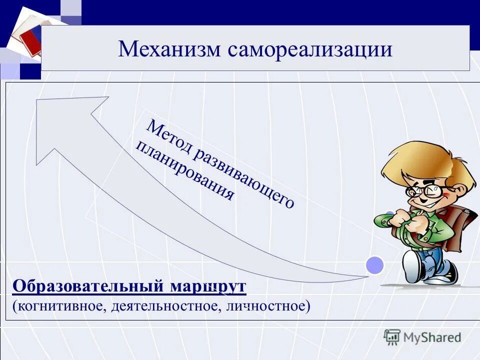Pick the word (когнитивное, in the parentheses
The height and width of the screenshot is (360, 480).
coord(57,305)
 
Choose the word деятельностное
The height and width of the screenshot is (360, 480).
coord(160,305)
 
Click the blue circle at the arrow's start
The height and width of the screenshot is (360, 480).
coord(374,265)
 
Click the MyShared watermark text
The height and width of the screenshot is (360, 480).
coord(432,337)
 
